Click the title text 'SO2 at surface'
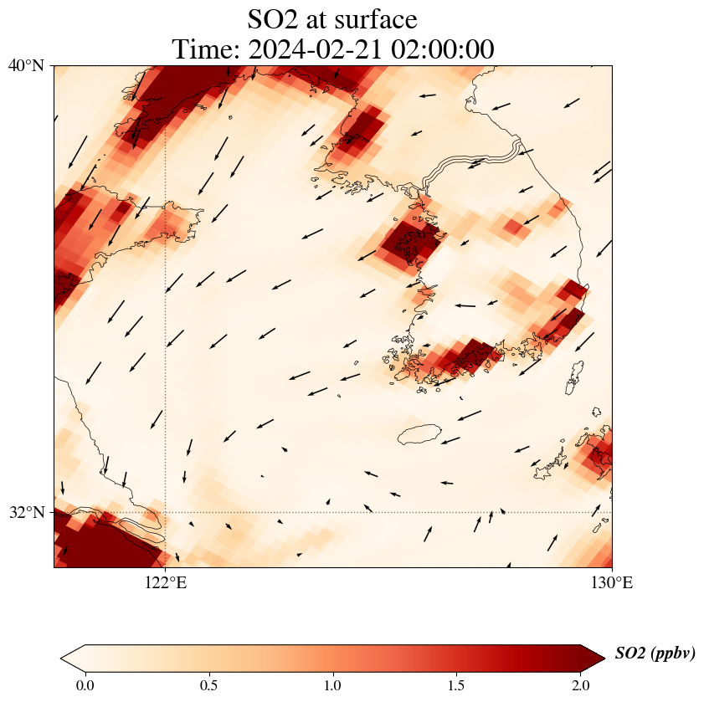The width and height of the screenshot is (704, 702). pos(332,18)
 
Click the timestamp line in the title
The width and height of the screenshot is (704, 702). pos(332,49)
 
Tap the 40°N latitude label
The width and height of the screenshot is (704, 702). pos(27,65)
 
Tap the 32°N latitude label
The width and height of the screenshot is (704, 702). pos(27,512)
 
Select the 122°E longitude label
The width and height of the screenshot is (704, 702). pos(166,582)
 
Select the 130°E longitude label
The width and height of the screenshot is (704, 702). pos(612,582)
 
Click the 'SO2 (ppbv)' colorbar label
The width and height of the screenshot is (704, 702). pos(655,653)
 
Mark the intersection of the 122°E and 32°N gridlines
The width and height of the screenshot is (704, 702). pos(166,512)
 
